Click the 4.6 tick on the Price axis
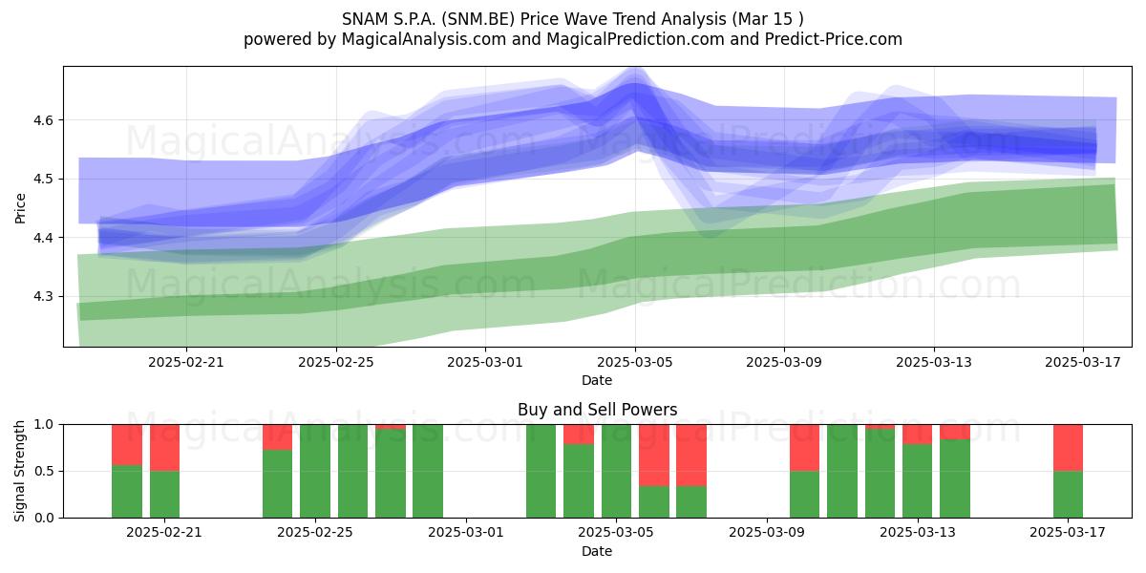(x=43, y=120)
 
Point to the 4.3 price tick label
(x=43, y=297)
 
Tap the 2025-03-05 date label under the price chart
(x=635, y=362)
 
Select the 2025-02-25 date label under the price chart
(x=336, y=362)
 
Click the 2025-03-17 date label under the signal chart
(x=1068, y=533)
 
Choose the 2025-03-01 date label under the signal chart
(x=466, y=533)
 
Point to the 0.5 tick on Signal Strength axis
(x=44, y=471)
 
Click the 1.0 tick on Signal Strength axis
(x=44, y=425)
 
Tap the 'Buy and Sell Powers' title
(x=598, y=410)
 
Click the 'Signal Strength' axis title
(x=19, y=471)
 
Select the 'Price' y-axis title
(x=20, y=208)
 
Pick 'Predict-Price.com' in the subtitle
(x=834, y=39)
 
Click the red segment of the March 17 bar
(x=1069, y=448)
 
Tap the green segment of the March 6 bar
(x=654, y=502)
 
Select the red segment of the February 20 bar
(x=127, y=445)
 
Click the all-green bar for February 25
(x=315, y=471)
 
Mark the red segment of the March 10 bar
(x=805, y=448)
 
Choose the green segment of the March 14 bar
(x=955, y=478)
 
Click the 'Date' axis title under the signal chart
(x=597, y=552)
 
